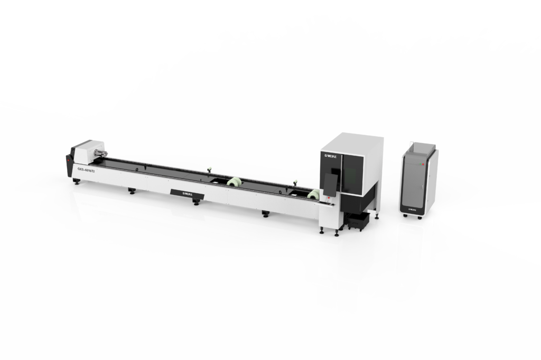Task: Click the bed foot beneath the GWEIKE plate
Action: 196,202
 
